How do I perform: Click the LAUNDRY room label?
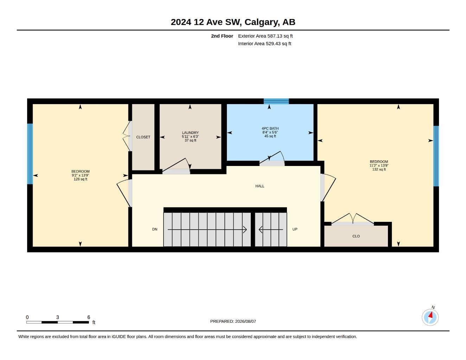click(x=190, y=133)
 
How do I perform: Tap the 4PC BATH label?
click(x=270, y=129)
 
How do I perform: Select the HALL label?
click(x=260, y=186)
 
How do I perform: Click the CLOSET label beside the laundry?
click(x=143, y=137)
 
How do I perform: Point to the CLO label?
click(x=356, y=236)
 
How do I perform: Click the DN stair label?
click(x=155, y=229)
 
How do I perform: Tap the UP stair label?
click(x=295, y=229)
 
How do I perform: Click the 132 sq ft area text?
click(x=379, y=169)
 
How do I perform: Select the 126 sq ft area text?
click(x=81, y=179)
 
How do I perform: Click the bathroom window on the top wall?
click(x=276, y=101)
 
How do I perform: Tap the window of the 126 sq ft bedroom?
click(x=30, y=154)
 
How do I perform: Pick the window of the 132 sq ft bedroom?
click(x=436, y=156)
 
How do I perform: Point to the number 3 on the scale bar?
click(x=57, y=317)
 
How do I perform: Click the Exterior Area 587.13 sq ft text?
click(x=265, y=36)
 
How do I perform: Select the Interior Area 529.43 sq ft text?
click(x=264, y=44)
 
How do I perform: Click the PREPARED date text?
click(x=233, y=321)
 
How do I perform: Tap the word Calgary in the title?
click(x=262, y=22)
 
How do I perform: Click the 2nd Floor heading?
click(x=222, y=36)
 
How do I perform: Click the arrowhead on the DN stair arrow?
click(x=245, y=230)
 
